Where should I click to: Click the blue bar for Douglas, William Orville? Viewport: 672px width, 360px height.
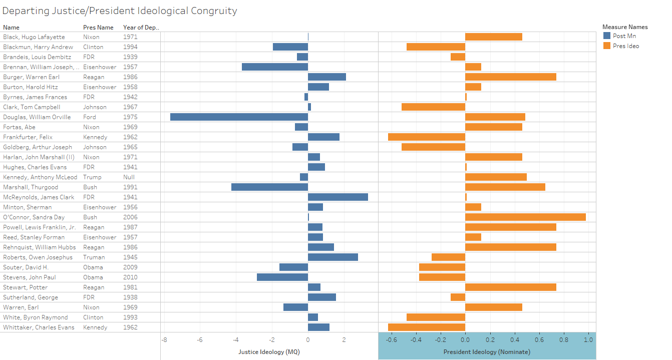[239, 117]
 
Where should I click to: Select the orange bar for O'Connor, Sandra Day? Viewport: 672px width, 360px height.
[525, 217]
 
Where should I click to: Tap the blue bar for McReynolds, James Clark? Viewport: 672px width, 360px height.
[338, 197]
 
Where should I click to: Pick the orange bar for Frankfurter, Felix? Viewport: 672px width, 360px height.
[427, 137]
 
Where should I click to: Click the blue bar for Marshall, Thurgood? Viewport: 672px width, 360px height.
[269, 187]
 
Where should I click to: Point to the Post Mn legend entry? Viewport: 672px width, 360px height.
[624, 36]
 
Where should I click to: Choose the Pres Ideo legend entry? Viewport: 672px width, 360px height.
[625, 46]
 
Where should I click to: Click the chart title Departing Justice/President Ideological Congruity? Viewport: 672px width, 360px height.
[120, 11]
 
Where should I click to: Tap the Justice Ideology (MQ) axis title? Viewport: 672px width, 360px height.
[269, 351]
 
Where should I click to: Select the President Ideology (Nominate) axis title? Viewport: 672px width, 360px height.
[487, 351]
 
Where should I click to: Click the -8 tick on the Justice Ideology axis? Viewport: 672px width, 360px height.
[164, 339]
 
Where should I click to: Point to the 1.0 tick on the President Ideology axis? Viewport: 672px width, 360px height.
[588, 339]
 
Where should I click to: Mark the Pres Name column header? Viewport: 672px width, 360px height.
[98, 28]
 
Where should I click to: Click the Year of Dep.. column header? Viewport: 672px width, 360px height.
[141, 28]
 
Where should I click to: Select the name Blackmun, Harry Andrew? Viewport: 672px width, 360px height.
[38, 47]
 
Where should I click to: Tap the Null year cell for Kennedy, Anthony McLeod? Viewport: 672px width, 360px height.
[129, 177]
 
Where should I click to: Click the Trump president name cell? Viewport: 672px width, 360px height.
[92, 177]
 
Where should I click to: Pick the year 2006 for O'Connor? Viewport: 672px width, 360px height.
[130, 217]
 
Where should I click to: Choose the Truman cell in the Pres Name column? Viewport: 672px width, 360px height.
[94, 257]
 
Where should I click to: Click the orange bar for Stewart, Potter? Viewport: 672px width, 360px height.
[510, 287]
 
